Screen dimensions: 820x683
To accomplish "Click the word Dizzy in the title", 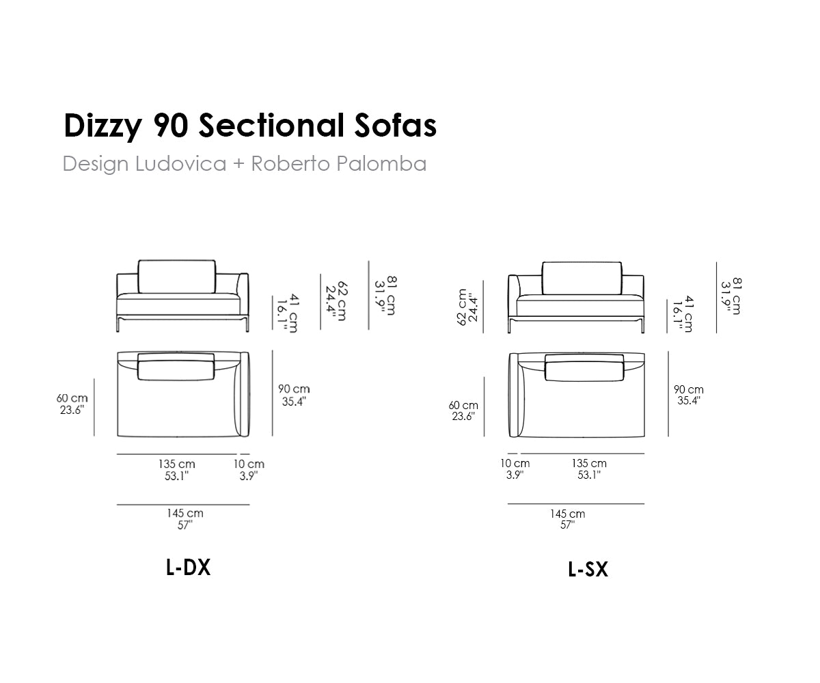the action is coord(102,126).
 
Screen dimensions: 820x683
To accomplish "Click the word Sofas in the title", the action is coord(396,126).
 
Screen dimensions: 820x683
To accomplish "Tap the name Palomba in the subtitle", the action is coord(381,163).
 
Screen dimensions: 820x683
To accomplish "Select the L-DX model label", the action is coord(188,568).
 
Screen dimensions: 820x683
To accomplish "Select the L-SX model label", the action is coord(588,570).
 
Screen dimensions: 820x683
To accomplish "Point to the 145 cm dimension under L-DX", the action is coord(185,513).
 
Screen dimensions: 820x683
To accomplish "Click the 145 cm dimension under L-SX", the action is coord(567,514).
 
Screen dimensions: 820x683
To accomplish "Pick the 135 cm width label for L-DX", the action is coord(177,464).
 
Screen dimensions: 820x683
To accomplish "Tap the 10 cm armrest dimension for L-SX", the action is coord(515,463).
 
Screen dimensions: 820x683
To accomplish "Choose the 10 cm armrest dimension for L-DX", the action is coord(249,464).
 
